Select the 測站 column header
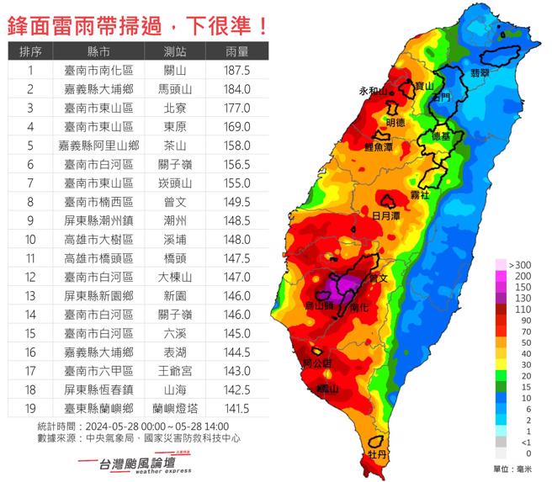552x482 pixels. [175, 52]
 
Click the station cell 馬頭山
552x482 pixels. [175, 88]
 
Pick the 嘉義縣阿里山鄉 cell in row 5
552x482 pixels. [98, 145]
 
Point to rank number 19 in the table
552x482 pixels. [30, 409]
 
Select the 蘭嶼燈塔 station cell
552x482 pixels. [175, 409]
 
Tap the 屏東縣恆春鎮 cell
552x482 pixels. [98, 390]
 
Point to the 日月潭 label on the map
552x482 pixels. [386, 215]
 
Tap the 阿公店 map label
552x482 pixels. [316, 363]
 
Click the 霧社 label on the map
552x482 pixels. [420, 194]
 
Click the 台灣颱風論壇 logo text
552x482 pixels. [138, 463]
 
